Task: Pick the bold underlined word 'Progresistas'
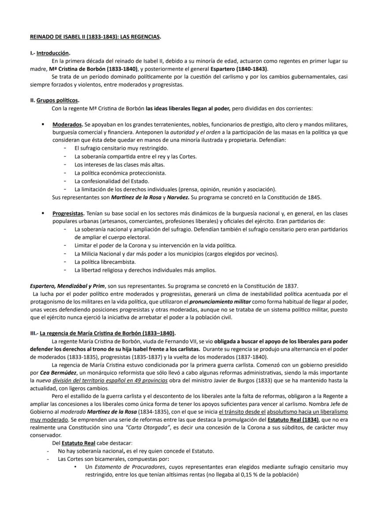point(69,213)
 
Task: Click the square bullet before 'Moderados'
point(42,124)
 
